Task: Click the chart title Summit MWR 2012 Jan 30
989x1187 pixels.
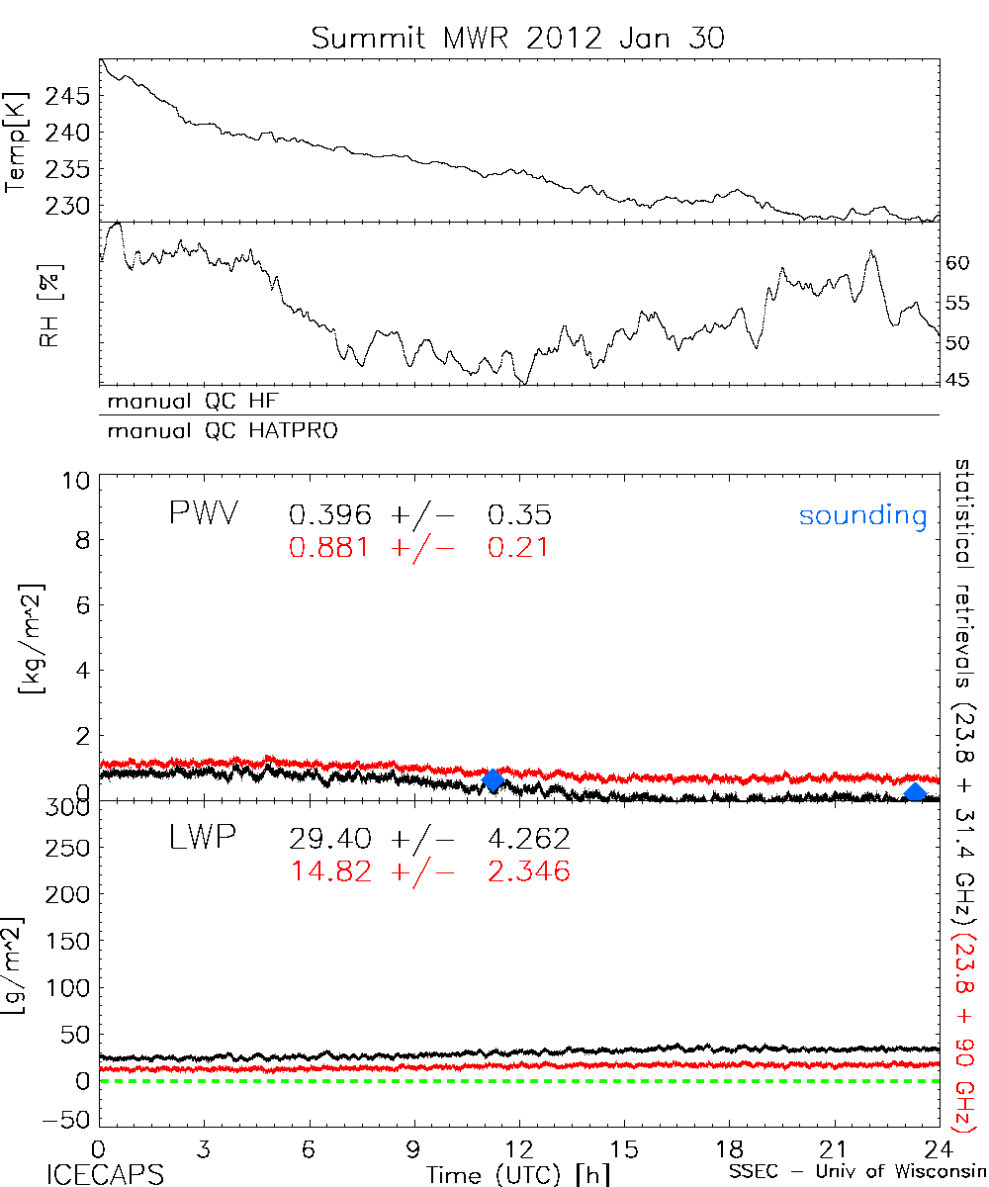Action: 518,39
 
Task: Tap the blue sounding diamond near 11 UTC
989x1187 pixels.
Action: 493,781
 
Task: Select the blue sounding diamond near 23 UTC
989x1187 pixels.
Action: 916,792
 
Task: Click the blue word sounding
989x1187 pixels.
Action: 863,515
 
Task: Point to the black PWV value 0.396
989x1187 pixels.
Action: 330,514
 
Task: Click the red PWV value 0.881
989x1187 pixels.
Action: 330,547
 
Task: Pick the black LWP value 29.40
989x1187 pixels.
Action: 330,839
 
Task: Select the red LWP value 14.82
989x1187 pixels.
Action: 330,871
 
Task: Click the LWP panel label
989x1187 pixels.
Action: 203,839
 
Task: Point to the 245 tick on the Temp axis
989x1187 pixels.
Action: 68,97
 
